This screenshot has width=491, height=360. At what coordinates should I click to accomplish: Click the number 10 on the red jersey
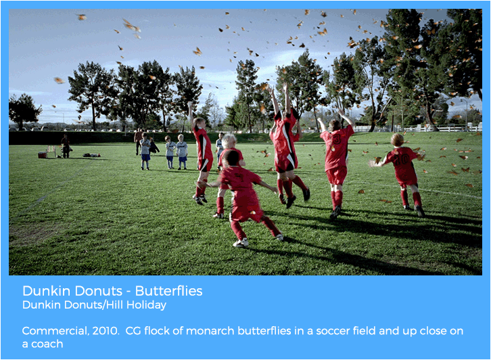(x=402, y=159)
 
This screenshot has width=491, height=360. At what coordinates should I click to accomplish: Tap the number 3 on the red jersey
(x=336, y=139)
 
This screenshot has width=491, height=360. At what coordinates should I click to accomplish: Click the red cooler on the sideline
(x=43, y=155)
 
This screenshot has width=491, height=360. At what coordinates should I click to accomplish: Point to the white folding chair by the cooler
(x=51, y=151)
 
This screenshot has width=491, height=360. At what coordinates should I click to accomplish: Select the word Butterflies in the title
(x=169, y=291)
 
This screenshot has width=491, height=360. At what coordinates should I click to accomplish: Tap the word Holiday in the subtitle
(x=146, y=305)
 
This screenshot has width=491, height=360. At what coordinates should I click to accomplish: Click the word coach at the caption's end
(x=47, y=344)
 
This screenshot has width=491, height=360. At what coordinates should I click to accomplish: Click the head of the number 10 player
(x=397, y=140)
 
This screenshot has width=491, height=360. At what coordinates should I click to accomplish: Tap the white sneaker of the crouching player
(x=241, y=242)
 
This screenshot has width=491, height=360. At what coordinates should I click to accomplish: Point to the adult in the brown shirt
(x=138, y=141)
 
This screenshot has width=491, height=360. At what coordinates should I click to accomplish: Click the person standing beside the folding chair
(x=66, y=146)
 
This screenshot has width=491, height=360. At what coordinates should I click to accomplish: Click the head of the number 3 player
(x=334, y=125)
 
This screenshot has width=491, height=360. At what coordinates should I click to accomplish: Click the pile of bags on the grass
(x=91, y=155)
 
